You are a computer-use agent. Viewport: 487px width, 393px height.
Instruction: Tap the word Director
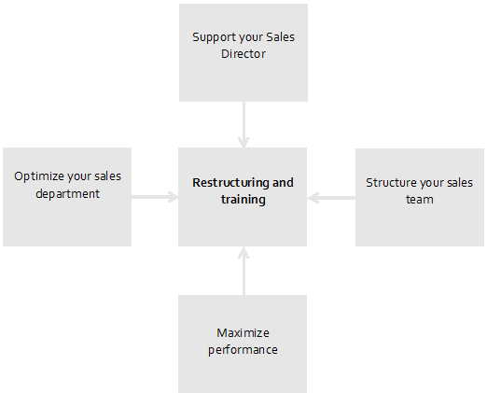pos(243,53)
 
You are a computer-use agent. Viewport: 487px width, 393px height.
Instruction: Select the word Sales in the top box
pos(281,37)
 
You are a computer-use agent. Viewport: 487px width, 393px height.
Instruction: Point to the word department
pos(67,194)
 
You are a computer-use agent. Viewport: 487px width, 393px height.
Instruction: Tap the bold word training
pos(243,200)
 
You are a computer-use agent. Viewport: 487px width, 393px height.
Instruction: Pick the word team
pos(420,200)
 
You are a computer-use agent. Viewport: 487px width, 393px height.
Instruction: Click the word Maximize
pos(243,333)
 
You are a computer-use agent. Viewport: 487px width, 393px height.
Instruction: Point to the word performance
pos(243,350)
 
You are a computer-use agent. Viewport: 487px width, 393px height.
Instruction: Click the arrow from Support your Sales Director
pos(243,124)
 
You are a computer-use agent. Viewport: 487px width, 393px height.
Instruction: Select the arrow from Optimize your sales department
pos(155,197)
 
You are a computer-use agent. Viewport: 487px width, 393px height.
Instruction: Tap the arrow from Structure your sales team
pos(331,198)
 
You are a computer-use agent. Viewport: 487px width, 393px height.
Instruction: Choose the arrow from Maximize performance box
pos(243,271)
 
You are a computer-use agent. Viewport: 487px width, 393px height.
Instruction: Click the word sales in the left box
pos(107,176)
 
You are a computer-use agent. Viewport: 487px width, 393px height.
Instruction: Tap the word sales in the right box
pos(460,183)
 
